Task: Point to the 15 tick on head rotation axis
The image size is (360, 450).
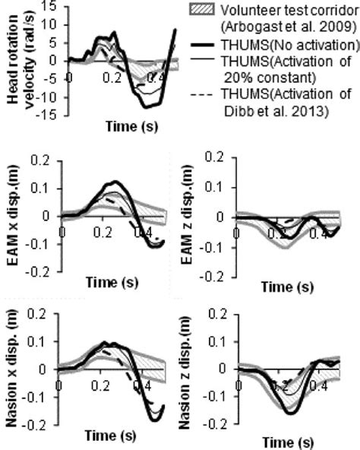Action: [49, 6]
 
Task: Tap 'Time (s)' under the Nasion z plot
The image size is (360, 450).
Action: [285, 441]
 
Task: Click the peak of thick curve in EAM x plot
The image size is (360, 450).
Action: [115, 182]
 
